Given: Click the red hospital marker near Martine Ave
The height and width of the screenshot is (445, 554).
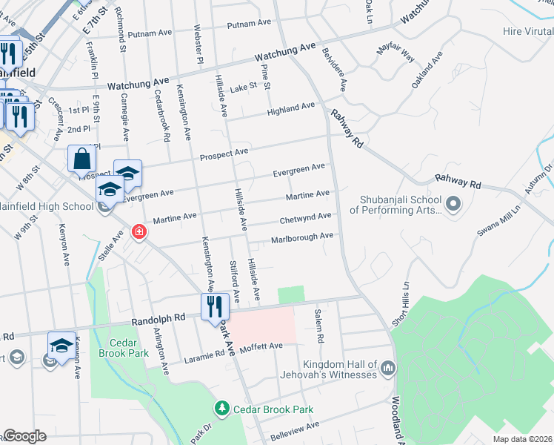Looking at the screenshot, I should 138,233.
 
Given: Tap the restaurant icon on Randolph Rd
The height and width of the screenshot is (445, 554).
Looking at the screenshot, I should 215,306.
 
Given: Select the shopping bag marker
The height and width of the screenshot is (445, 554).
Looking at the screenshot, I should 81,159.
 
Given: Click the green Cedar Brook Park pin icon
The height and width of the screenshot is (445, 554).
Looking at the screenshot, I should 221,409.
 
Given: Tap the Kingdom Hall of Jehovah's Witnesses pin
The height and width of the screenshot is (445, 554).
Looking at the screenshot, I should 387,368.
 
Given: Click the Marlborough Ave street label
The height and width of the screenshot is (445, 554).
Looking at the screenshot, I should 301,237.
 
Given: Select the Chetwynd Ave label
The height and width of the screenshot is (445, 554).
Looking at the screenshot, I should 305,218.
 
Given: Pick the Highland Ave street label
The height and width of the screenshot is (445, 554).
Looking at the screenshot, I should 291,108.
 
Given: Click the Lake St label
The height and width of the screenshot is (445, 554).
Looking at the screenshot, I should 243,87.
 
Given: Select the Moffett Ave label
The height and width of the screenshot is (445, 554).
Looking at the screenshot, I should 261,346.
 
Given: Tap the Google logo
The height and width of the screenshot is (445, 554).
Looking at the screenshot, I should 24,436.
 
